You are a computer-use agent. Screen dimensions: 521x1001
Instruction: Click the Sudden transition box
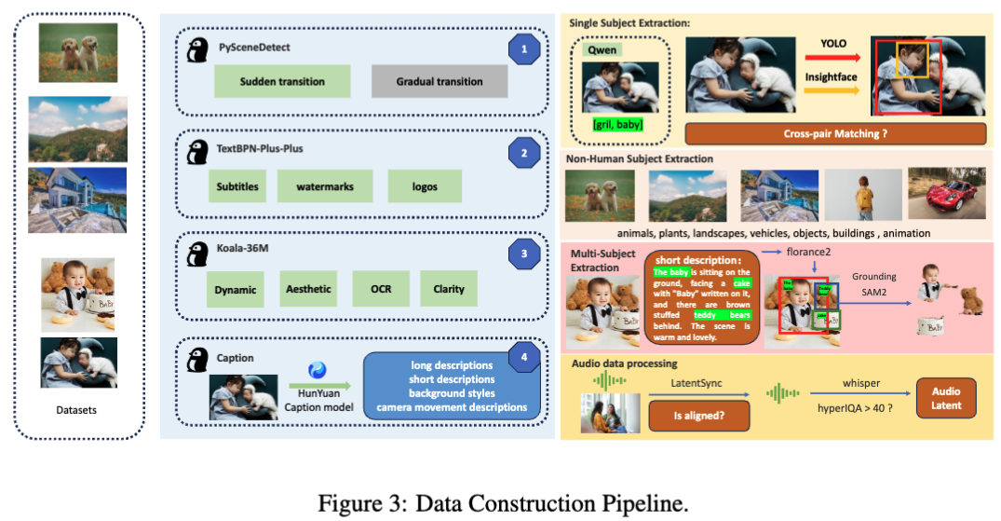pos(282,81)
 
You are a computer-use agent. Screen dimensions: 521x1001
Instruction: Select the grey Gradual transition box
pos(440,81)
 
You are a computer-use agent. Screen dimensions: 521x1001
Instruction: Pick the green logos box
pos(425,186)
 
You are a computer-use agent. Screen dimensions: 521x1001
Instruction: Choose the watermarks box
pos(325,186)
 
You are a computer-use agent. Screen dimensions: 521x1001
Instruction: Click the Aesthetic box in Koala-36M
pos(307,289)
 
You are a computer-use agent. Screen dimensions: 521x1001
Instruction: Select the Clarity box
pos(449,289)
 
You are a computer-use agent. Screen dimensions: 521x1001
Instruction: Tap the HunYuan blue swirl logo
pos(318,371)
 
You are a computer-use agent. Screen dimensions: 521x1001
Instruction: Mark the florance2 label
pos(808,251)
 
